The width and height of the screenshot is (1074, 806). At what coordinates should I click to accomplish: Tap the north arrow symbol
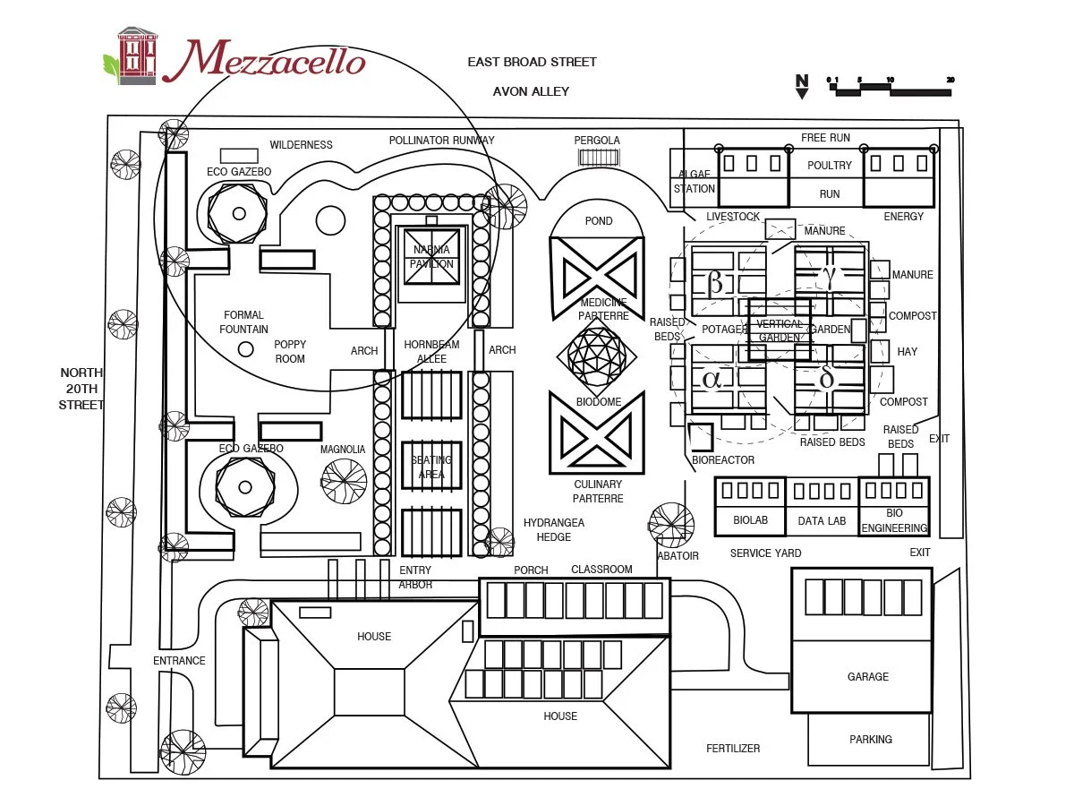pyautogui.click(x=802, y=86)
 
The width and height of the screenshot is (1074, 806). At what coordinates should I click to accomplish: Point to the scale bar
pyautogui.click(x=890, y=88)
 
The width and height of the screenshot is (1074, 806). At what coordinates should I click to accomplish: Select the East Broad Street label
pyautogui.click(x=532, y=62)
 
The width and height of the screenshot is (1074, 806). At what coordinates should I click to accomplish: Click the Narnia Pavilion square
pyautogui.click(x=431, y=256)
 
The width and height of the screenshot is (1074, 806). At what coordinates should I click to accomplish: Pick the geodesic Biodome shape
pyautogui.click(x=597, y=356)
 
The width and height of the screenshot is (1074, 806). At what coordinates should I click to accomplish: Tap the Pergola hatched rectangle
pyautogui.click(x=599, y=158)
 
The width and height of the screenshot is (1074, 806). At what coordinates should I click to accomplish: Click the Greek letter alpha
pyautogui.click(x=712, y=379)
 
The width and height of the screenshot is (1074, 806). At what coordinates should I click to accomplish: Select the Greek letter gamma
pyautogui.click(x=830, y=277)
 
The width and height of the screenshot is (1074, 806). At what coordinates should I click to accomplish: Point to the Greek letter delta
pyautogui.click(x=827, y=379)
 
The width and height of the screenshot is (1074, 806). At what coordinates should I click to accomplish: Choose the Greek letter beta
pyautogui.click(x=714, y=283)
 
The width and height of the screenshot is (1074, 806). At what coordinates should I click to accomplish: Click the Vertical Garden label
pyautogui.click(x=780, y=330)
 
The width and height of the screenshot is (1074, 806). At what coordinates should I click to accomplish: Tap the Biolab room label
pyautogui.click(x=750, y=520)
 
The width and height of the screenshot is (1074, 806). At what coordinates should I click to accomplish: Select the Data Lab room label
pyautogui.click(x=822, y=520)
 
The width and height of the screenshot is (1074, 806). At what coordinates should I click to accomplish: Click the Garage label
pyautogui.click(x=868, y=677)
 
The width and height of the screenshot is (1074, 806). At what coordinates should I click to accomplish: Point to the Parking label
pyautogui.click(x=870, y=740)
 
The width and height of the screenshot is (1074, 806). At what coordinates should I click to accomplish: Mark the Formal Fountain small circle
pyautogui.click(x=245, y=348)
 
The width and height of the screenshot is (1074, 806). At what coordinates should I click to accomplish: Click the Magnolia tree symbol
pyautogui.click(x=344, y=481)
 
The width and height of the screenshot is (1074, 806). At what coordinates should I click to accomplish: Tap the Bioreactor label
pyautogui.click(x=723, y=460)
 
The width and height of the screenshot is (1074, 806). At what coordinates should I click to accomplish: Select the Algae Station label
pyautogui.click(x=695, y=182)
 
